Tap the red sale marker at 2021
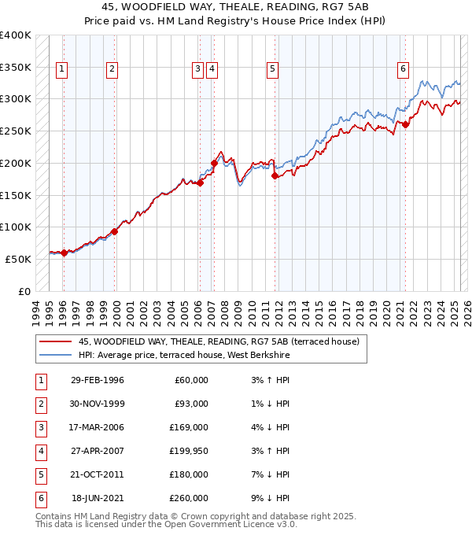tap(406, 124)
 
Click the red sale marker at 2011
tap(275, 176)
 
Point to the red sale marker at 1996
tap(64, 253)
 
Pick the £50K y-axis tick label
tap(19, 259)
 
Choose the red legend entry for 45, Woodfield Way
tap(219, 341)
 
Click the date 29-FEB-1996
tap(98, 381)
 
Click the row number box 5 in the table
tap(39, 475)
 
